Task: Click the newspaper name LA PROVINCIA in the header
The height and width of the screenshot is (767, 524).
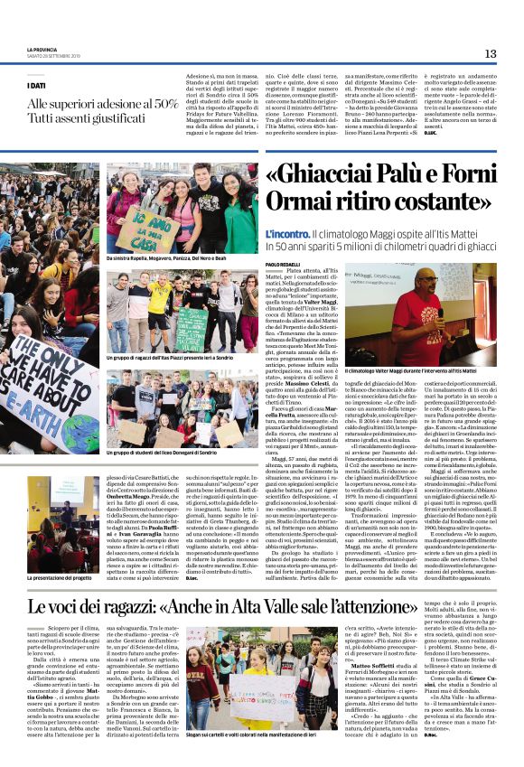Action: tap(44, 50)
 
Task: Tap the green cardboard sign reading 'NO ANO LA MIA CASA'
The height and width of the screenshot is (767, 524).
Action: tap(140, 227)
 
